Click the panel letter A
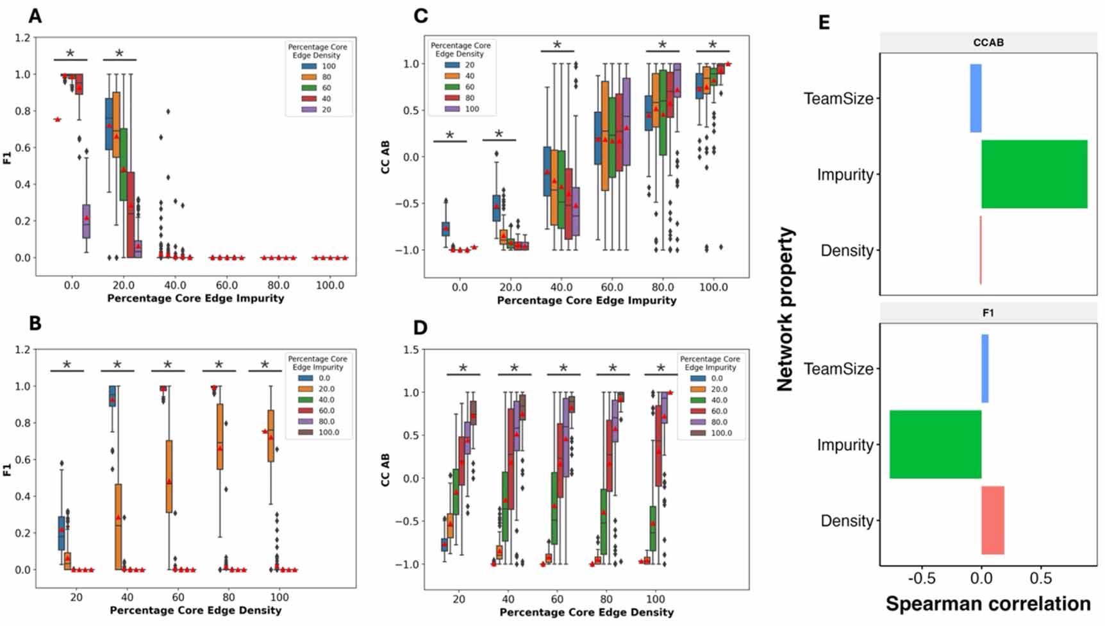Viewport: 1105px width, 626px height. click(35, 15)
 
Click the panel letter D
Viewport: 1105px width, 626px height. click(420, 328)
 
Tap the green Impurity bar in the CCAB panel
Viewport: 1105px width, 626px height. click(1034, 174)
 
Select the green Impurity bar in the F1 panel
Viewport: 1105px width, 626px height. click(935, 444)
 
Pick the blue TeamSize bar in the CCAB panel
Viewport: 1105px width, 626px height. click(976, 98)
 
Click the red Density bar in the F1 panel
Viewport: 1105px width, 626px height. click(993, 520)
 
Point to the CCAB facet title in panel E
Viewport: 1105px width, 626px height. click(988, 42)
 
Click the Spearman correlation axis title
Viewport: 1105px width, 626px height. click(988, 604)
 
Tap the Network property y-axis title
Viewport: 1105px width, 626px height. click(785, 309)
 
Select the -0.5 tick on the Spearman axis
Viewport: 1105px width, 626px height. click(922, 579)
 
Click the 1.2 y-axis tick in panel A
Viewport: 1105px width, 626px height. click(22, 38)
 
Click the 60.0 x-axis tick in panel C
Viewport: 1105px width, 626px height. click(611, 287)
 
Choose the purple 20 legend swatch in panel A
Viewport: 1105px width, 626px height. click(310, 110)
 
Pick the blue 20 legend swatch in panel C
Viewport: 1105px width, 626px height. click(452, 65)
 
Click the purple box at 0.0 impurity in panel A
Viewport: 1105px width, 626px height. click(86, 221)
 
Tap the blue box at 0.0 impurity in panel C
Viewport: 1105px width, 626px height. click(445, 228)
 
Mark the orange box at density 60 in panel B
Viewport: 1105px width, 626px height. click(169, 476)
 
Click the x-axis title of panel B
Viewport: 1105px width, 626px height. click(195, 611)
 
